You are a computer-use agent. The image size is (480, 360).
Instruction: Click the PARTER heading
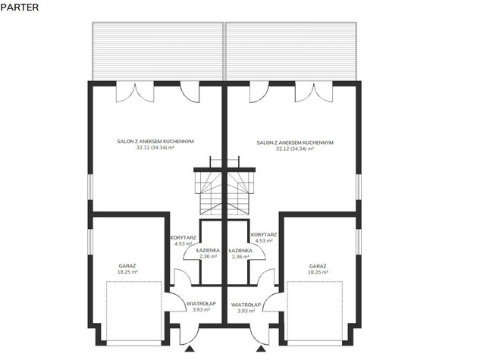point(20,8)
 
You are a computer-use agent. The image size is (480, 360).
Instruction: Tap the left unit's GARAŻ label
point(127,266)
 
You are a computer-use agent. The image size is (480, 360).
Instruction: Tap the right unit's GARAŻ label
point(318,266)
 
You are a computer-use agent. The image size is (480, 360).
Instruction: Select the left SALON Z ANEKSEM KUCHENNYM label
point(155,142)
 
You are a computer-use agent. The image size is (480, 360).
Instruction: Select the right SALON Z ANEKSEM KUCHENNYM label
point(295,142)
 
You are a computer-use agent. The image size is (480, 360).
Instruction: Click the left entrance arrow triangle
point(190,349)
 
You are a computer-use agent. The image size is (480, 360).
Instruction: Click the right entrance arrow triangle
point(261,349)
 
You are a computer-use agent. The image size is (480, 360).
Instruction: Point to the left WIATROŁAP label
point(201,304)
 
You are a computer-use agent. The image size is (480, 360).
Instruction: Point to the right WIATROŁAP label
point(246,305)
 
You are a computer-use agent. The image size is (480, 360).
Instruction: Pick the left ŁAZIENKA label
point(209,251)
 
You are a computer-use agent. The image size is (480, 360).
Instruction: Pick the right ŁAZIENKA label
point(240,251)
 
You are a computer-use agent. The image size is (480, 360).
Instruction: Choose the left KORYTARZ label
point(183,238)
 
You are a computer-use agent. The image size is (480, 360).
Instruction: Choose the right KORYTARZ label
point(264,235)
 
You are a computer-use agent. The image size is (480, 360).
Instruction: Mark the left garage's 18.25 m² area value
point(127,271)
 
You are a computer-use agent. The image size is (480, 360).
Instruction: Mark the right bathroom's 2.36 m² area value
point(240,256)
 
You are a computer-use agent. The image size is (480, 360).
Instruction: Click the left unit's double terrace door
point(135,92)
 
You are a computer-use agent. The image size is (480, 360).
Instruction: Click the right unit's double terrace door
point(314,92)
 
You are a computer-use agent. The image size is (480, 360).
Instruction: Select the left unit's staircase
point(209,192)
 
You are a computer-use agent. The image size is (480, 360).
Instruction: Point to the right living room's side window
point(359,187)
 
